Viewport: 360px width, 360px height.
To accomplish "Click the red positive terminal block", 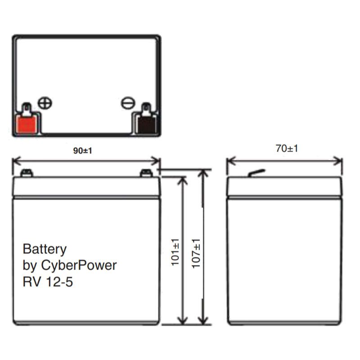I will [26, 123].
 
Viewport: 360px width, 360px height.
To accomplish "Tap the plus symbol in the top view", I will [45, 103].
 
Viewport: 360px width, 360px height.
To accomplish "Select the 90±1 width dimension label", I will [82, 151].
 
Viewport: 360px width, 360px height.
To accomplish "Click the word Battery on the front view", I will [45, 249].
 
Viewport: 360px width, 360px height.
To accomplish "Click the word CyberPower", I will [80, 265].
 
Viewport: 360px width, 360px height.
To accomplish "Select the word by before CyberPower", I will [29, 265].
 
